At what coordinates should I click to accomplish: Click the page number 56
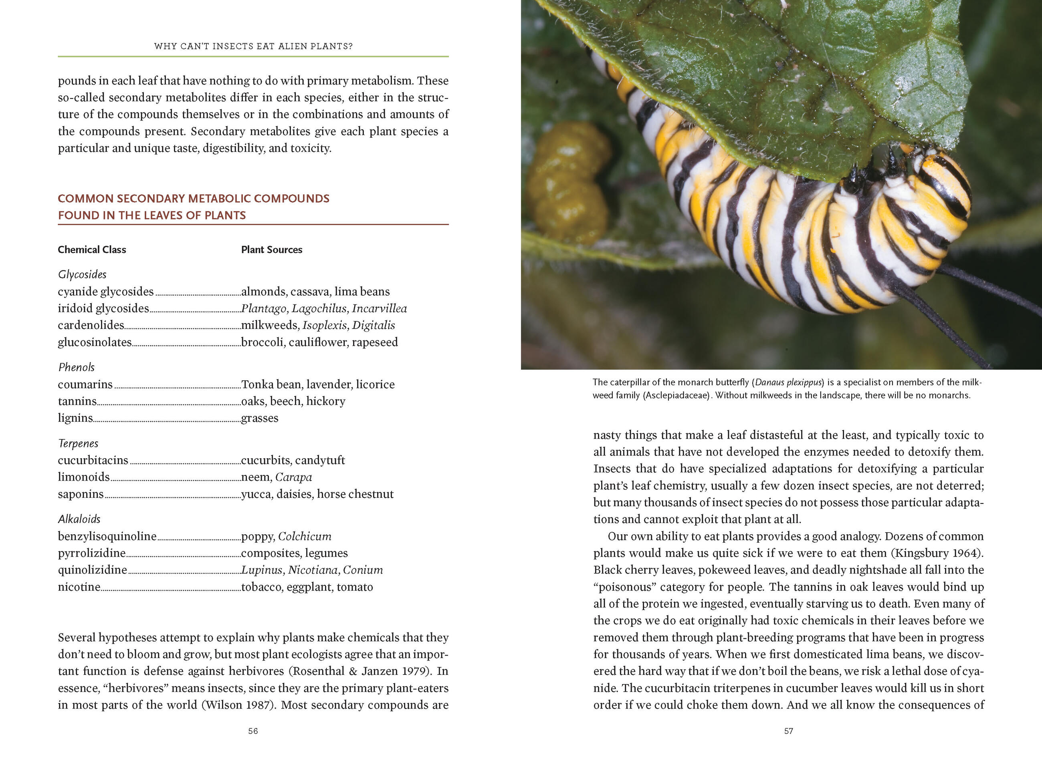(253, 731)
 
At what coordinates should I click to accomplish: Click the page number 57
(789, 731)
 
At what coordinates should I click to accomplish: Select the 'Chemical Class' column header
(92, 250)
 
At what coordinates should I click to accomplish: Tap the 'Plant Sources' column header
(271, 250)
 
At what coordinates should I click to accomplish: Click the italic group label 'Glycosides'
(82, 274)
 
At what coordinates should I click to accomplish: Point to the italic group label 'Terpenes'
(78, 443)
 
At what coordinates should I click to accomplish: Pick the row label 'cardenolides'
(91, 325)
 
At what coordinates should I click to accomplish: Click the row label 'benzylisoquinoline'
(107, 536)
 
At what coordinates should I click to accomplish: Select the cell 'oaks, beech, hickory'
(293, 401)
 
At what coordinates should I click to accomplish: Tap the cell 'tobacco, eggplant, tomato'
(307, 587)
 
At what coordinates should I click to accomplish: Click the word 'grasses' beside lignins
(260, 418)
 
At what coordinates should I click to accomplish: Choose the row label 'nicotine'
(79, 587)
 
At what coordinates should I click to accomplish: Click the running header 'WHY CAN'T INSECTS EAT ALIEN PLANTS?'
(253, 46)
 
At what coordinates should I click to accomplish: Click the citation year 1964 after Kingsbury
(965, 553)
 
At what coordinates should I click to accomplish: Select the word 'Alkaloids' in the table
(79, 519)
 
